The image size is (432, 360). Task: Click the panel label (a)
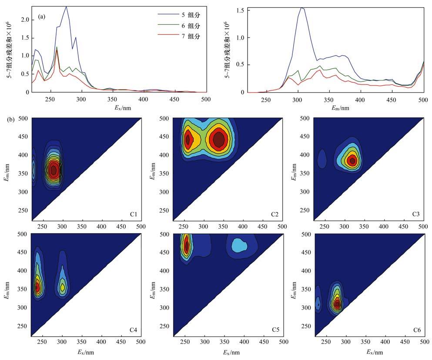42,17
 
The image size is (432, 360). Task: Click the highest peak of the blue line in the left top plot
66,7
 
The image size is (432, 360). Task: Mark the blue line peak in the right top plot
301,7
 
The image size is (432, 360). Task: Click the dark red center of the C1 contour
54,170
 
